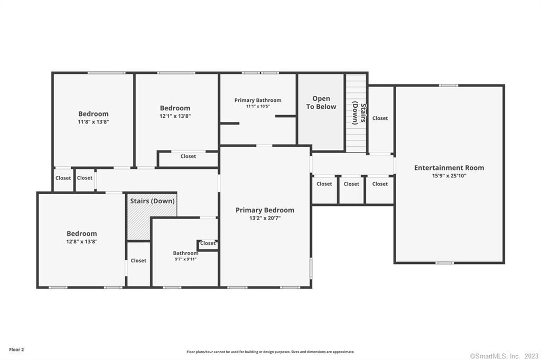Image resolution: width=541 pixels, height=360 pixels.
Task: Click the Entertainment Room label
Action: click(449, 167)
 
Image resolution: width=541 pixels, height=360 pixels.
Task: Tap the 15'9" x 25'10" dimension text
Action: click(449, 176)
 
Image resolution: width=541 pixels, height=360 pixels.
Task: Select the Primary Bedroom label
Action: click(265, 210)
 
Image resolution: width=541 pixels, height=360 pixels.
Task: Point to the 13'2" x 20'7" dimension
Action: click(265, 218)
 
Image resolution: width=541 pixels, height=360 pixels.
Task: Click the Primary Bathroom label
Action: click(258, 100)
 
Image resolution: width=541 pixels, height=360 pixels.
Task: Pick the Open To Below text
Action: click(321, 103)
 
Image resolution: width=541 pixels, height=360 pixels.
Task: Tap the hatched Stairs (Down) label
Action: click(152, 201)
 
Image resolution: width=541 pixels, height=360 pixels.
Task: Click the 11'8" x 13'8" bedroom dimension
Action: click(94, 122)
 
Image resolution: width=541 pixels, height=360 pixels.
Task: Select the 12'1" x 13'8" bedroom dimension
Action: click(175, 116)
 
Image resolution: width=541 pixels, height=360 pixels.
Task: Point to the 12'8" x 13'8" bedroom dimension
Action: click(82, 242)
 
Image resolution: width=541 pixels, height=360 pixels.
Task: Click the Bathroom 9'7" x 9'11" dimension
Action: click(185, 259)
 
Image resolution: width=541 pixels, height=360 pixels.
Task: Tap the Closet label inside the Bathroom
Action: click(208, 243)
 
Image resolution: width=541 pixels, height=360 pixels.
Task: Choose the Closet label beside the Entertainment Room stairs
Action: click(380, 118)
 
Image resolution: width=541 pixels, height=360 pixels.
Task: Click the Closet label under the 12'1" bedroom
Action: click(188, 156)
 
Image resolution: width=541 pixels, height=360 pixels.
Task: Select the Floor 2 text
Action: click(16, 349)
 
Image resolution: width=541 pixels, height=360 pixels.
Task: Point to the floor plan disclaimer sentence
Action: click(270, 352)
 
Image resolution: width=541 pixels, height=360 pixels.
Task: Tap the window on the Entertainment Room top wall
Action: click(449, 86)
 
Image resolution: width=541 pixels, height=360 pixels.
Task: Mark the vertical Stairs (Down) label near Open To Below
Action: click(359, 113)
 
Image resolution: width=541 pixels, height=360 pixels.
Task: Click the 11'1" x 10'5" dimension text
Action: click(258, 106)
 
